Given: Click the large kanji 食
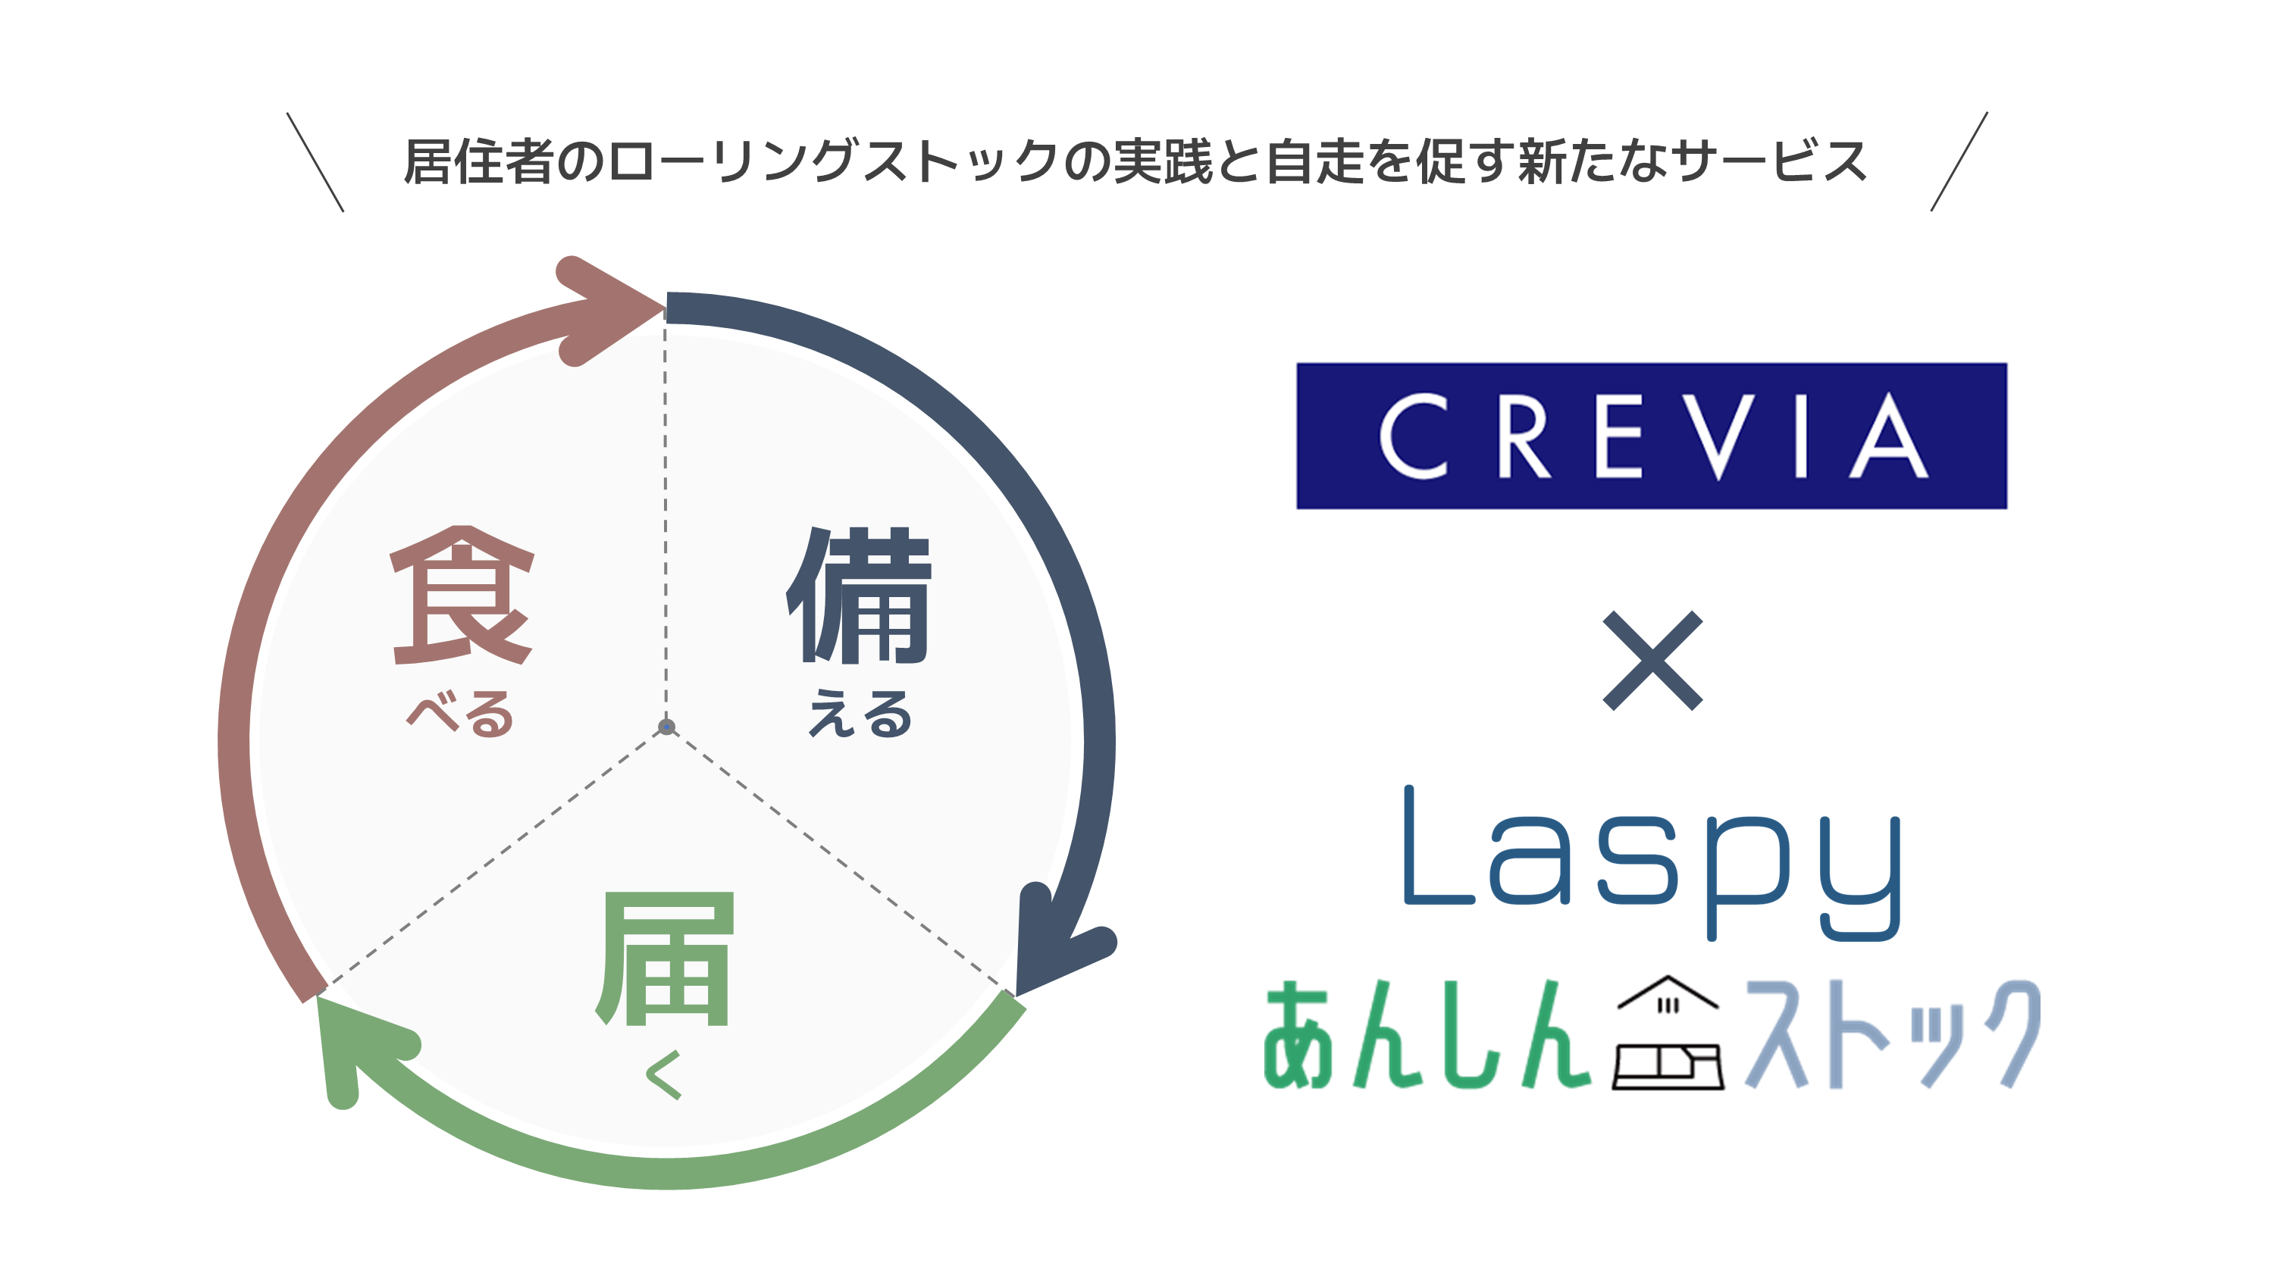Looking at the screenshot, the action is click(x=462, y=595).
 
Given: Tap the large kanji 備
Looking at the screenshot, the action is click(x=859, y=595).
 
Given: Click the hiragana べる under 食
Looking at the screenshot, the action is click(x=460, y=713).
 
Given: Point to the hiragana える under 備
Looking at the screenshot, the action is click(x=860, y=713).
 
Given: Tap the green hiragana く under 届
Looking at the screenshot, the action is click(x=664, y=1074).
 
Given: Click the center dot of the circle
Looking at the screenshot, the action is click(x=666, y=727).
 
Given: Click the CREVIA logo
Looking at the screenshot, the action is click(x=1651, y=436).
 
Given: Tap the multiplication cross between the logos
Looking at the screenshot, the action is click(x=1652, y=660).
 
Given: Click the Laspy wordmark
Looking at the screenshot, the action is click(x=1651, y=861).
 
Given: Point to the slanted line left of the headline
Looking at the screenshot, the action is click(x=315, y=162).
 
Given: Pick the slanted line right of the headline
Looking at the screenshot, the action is click(x=1958, y=162).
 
